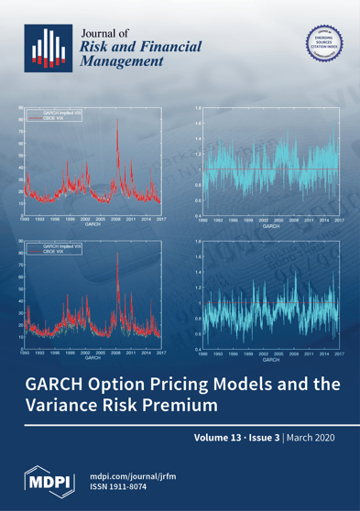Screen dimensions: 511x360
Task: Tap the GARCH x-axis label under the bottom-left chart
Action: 93,358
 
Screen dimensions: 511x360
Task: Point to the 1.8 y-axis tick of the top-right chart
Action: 198,108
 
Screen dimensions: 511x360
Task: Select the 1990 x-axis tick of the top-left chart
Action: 27,221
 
